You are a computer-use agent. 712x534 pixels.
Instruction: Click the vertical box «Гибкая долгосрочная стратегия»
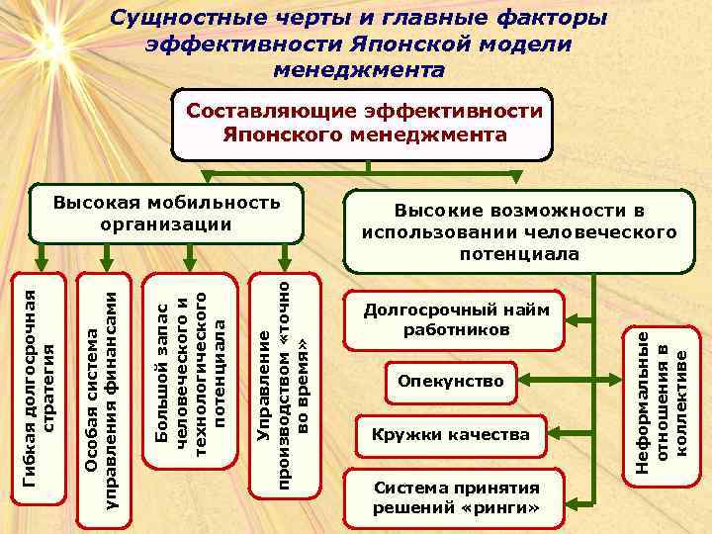pos(44,382)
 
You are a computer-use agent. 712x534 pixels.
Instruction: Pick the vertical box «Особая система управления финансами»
pos(105,396)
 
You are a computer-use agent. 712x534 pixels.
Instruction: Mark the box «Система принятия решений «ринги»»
pos(456,498)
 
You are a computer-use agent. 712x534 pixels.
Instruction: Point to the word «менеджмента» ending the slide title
pos(357,70)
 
